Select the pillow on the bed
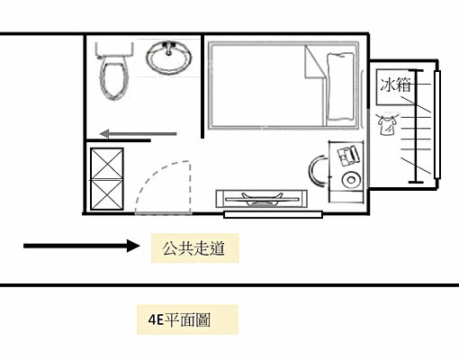(341, 87)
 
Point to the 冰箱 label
(396, 86)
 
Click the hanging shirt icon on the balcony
(387, 125)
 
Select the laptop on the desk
(346, 157)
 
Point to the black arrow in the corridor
(81, 245)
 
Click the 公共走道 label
(195, 246)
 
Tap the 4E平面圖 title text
(181, 319)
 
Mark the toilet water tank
(112, 46)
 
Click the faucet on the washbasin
(168, 46)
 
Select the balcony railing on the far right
(437, 126)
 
